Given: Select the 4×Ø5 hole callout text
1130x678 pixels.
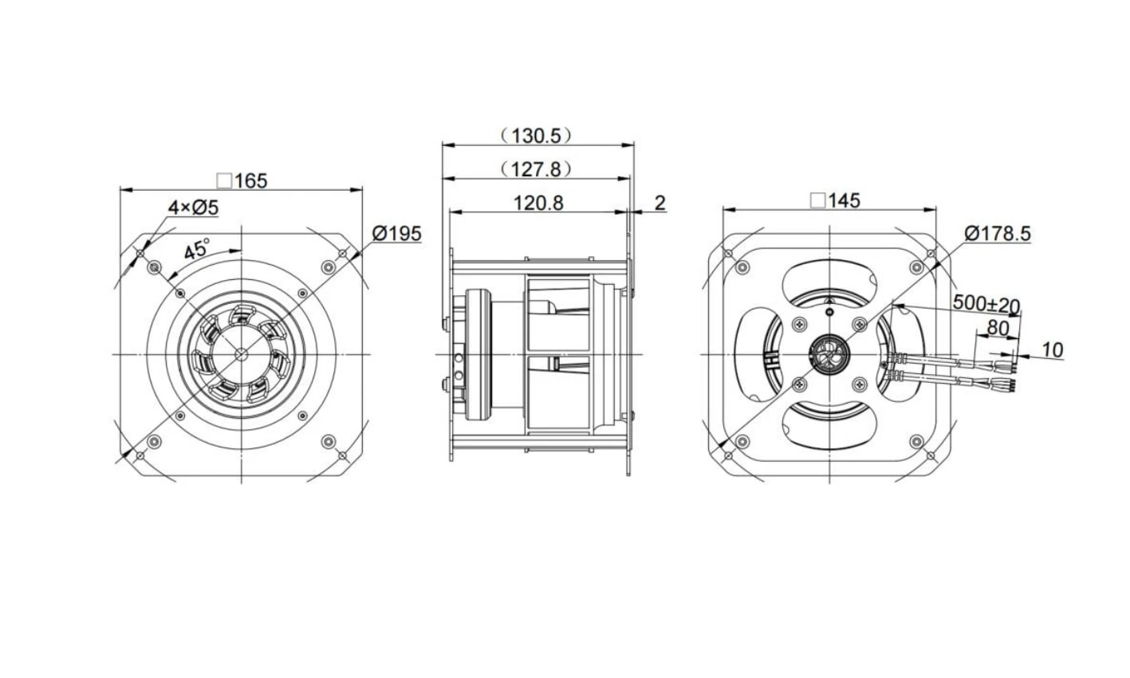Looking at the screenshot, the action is tap(193, 207).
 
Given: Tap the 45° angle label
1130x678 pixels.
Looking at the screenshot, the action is tap(197, 249).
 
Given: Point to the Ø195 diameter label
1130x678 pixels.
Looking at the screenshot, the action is tap(396, 234).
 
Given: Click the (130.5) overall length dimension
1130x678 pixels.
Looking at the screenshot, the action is tap(536, 136).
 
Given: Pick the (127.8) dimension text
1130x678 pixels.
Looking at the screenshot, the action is tap(536, 169).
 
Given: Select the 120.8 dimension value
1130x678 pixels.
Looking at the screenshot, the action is tap(538, 203).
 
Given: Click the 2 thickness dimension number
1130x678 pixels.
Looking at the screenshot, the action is tap(659, 203).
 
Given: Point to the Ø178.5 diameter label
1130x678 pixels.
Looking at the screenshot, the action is tap(998, 234).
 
